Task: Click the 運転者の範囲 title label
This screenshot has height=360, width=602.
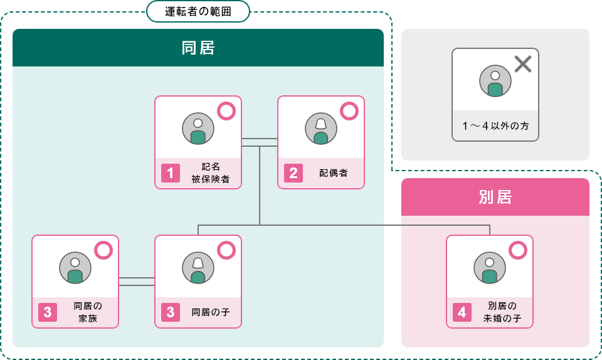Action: point(198,11)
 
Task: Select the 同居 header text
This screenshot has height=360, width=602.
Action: point(198,48)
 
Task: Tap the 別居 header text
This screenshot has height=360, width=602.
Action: point(495,197)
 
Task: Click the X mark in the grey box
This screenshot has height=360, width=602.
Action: point(522,63)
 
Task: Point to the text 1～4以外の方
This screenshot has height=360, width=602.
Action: point(495,126)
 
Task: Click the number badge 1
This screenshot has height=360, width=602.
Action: point(171,173)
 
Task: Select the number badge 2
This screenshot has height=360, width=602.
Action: point(293,173)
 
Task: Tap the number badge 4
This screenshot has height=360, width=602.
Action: point(462,312)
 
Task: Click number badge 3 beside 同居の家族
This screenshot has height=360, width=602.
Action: point(48,312)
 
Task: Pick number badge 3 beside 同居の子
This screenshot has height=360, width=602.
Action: point(171,312)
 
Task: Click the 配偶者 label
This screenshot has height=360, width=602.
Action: point(334,173)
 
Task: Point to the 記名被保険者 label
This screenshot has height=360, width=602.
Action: point(211,173)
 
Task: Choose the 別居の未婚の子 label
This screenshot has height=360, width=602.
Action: point(502,312)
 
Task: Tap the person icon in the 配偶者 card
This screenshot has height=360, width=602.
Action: point(321,129)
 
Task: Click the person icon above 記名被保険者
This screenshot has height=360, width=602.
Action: point(198,129)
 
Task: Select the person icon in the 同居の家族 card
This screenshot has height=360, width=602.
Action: point(75,268)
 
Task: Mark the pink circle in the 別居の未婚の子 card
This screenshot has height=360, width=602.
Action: point(517,251)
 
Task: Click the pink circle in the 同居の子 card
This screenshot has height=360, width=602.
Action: point(226,251)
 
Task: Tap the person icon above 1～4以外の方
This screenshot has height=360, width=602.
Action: point(495,81)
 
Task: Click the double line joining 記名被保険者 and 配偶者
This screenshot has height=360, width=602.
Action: point(260,142)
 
